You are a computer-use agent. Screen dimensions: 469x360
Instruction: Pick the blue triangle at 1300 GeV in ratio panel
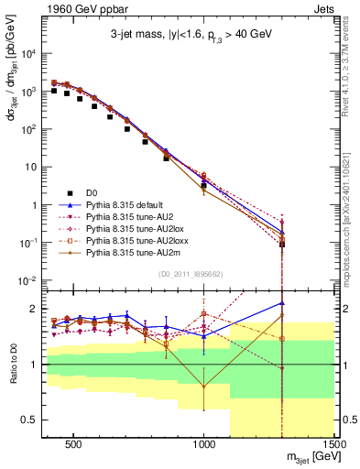[x=282, y=303]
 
